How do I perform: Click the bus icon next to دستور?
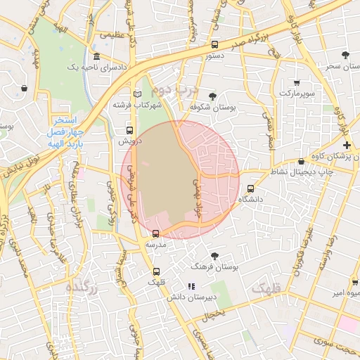[x=214, y=44]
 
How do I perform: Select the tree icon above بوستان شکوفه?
[x=213, y=96]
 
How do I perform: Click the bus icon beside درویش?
[x=129, y=130]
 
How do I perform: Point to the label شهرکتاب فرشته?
[x=137, y=105]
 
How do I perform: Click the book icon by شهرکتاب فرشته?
[x=137, y=94]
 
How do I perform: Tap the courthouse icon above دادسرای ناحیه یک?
[x=96, y=57]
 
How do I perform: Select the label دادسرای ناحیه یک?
[x=96, y=67]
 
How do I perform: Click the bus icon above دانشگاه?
[x=251, y=188]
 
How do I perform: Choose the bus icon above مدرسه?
[x=155, y=233]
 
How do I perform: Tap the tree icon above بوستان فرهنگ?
[x=214, y=256]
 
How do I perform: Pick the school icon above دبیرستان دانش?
[x=191, y=286]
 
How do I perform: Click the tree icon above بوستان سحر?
[x=345, y=55]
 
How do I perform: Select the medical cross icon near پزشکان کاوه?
[x=347, y=144]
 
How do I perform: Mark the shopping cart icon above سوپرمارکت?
[x=297, y=82]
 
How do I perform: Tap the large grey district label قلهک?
[x=265, y=288]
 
